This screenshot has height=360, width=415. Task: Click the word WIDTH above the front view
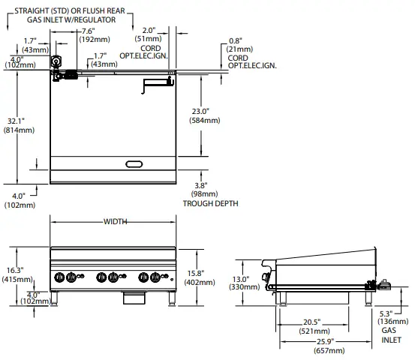pyautogui.click(x=115, y=222)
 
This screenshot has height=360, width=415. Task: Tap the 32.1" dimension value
pyautogui.click(x=16, y=121)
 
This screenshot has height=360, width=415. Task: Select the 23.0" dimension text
pyautogui.click(x=200, y=111)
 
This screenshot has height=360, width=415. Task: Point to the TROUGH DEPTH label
pyautogui.click(x=210, y=203)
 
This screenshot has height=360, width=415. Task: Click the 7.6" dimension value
pyautogui.click(x=88, y=31)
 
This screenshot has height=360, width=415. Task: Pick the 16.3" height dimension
pyautogui.click(x=15, y=270)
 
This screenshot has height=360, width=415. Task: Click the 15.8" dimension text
pyautogui.click(x=196, y=273)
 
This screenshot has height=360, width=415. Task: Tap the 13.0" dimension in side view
pyautogui.click(x=241, y=279)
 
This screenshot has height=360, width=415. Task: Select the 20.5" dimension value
pyautogui.click(x=311, y=322)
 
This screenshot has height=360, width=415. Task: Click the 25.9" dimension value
pyautogui.click(x=326, y=341)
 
